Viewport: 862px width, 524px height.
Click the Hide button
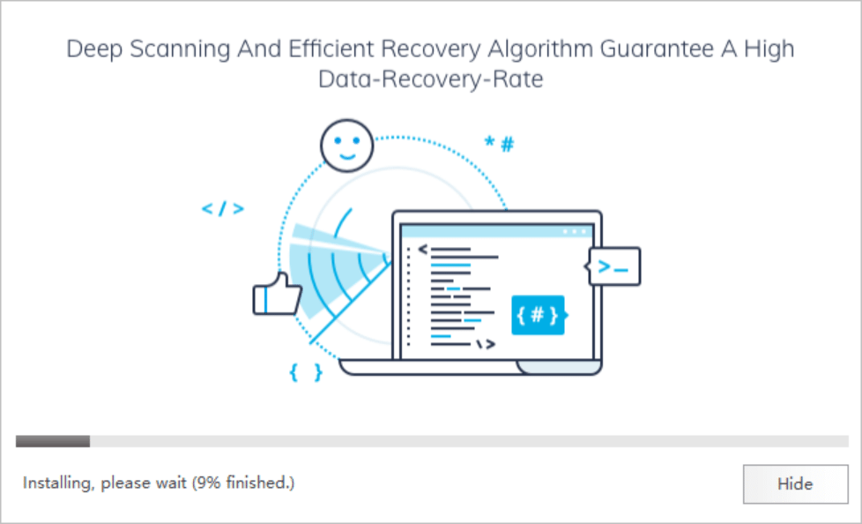pyautogui.click(x=795, y=483)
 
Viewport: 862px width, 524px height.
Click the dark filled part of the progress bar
pyautogui.click(x=53, y=441)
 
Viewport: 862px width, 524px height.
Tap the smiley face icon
pyautogui.click(x=347, y=146)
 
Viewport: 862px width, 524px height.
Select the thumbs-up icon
pyautogui.click(x=277, y=295)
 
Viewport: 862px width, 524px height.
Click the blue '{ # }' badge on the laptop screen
pyautogui.click(x=538, y=316)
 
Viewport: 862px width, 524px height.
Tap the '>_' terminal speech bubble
pyautogui.click(x=613, y=267)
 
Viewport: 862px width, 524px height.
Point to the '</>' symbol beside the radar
pyautogui.click(x=223, y=209)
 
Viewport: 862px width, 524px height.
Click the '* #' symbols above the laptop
pyautogui.click(x=499, y=144)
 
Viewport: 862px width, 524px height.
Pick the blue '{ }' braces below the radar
pyautogui.click(x=306, y=372)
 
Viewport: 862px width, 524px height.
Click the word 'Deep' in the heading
pyautogui.click(x=93, y=49)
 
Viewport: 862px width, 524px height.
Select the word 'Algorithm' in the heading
pyautogui.click(x=539, y=49)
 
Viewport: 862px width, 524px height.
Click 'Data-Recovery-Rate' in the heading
pyautogui.click(x=430, y=79)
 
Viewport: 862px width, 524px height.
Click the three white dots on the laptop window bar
pyautogui.click(x=574, y=232)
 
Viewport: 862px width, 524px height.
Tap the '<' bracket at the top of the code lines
pyautogui.click(x=422, y=250)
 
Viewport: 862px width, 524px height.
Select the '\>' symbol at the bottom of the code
pyautogui.click(x=486, y=345)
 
